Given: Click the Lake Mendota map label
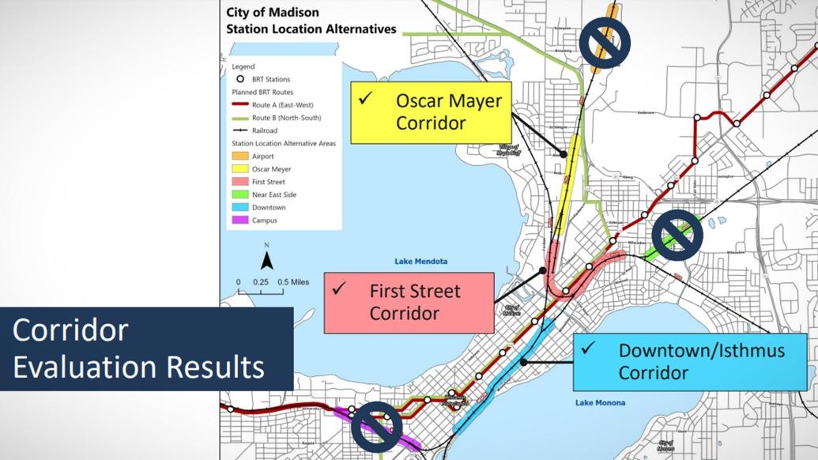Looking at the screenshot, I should pos(420,262).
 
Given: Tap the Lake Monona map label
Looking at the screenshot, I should pos(600,403).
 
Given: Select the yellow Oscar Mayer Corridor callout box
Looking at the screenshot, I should pos(431,111).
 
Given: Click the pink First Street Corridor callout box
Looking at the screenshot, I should pos(409,302).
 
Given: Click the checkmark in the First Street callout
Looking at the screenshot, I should pos(340,288).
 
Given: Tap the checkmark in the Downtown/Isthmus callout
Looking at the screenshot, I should pos(587,347).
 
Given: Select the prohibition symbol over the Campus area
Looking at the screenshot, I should pos(376,427).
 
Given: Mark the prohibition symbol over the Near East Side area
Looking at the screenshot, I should pos(677,234).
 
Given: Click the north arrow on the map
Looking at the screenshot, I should pos(267,258).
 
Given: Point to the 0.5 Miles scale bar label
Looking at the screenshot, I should pos(293,281).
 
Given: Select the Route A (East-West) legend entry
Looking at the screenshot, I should pos(265,104).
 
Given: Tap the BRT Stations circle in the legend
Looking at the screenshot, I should pos(239,79).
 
